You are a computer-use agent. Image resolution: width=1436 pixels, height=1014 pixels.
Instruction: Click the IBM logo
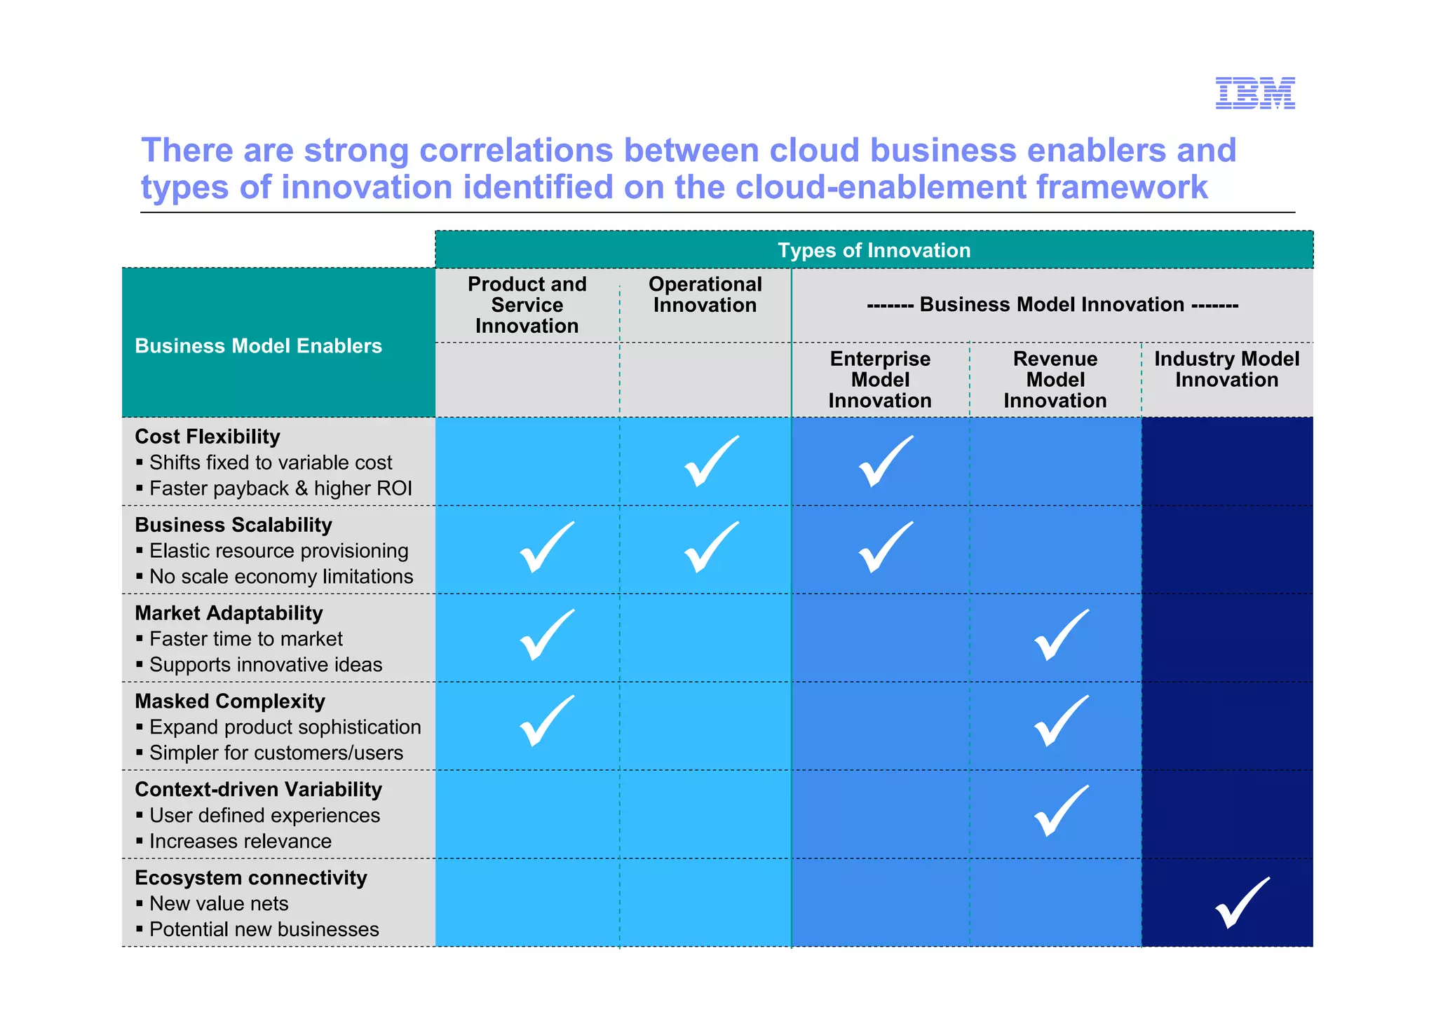(1254, 93)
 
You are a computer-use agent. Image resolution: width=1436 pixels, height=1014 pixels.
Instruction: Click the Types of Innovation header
(874, 250)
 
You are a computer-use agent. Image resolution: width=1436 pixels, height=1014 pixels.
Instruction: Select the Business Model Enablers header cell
(258, 345)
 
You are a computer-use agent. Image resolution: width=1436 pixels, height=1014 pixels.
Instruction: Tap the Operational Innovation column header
(705, 295)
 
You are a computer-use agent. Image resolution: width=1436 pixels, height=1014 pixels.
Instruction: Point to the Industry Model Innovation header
(1226, 369)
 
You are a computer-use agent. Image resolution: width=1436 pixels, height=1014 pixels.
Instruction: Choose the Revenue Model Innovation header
(1055, 380)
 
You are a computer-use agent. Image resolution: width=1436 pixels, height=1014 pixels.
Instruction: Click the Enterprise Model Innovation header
(880, 380)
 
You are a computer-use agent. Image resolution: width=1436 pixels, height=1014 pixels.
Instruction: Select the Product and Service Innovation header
(527, 305)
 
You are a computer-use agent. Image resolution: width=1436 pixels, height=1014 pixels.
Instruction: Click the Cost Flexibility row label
(208, 437)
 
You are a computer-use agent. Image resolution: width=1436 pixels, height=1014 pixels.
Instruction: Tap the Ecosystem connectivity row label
(251, 877)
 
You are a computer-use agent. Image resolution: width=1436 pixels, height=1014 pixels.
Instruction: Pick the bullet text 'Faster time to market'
(246, 639)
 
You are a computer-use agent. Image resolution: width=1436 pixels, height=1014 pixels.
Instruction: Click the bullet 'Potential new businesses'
(264, 929)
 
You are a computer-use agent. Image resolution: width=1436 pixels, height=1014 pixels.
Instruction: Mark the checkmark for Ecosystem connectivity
(1241, 904)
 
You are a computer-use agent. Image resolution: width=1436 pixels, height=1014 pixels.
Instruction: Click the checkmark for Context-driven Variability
(1061, 811)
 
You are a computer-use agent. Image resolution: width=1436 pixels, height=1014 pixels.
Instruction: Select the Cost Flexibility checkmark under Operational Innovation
(710, 462)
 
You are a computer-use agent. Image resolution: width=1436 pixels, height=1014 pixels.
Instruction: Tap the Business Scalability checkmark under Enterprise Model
(885, 548)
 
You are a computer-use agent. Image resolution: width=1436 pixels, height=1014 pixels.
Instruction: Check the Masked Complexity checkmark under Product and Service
(546, 722)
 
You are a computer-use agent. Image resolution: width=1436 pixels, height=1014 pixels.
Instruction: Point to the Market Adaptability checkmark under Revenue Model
(1061, 636)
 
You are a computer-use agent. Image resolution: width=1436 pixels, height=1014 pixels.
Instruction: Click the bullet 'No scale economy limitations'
(281, 577)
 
